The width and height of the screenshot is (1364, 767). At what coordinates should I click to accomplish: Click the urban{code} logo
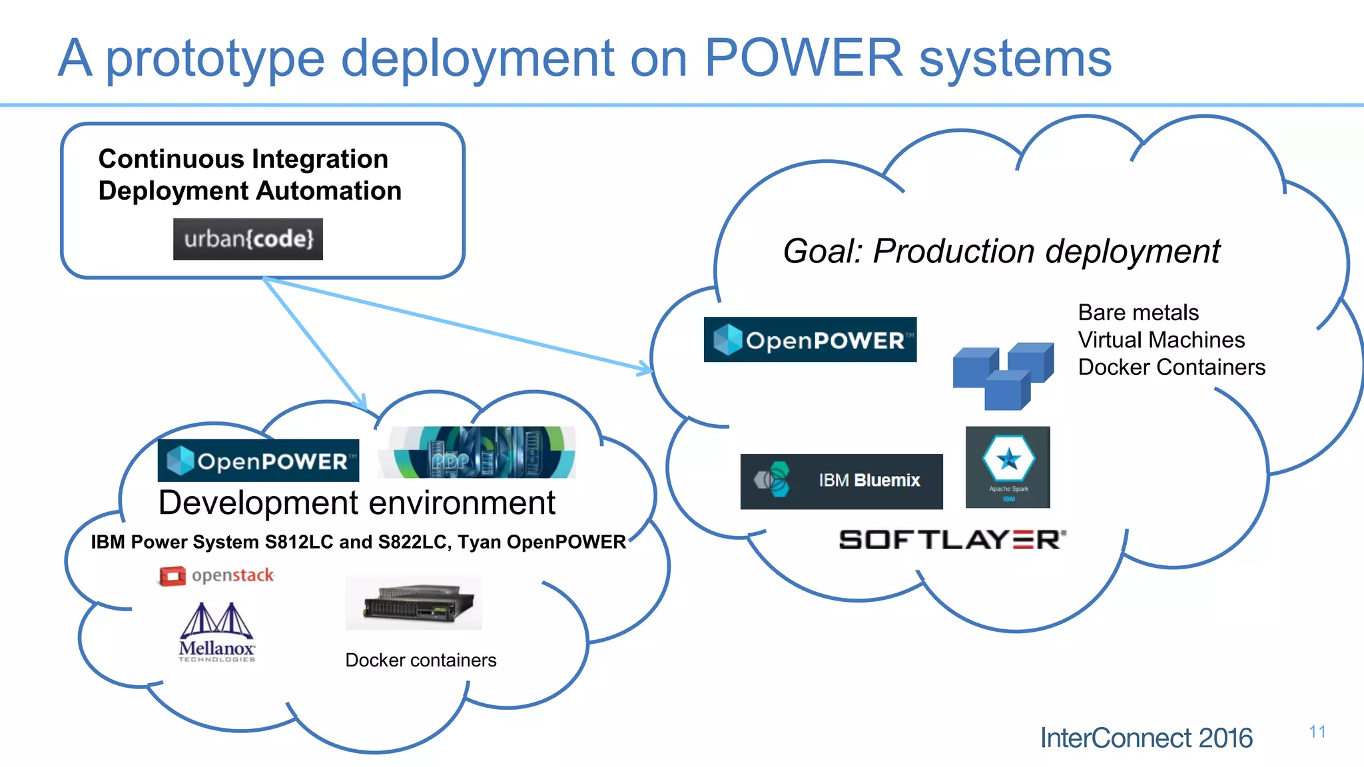click(248, 239)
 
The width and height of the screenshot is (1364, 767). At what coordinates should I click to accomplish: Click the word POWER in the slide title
click(803, 59)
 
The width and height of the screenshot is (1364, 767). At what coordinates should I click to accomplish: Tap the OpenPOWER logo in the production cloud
click(810, 340)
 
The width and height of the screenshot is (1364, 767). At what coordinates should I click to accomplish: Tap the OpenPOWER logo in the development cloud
click(258, 461)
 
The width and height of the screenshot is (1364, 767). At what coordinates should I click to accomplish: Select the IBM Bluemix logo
click(841, 481)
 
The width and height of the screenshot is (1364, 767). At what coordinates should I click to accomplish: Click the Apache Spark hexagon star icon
click(1008, 459)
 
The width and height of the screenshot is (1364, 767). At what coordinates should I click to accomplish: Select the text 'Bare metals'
click(1138, 312)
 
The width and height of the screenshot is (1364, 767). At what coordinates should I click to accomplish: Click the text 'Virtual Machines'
click(1161, 340)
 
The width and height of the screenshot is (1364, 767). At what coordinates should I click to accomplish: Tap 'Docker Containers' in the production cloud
click(1171, 367)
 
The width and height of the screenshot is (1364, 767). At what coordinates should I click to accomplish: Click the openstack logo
click(217, 575)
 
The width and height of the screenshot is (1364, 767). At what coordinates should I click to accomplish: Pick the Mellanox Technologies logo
click(217, 633)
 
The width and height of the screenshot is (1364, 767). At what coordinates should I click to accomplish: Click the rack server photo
click(414, 603)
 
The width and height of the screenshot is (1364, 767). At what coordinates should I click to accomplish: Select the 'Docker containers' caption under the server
click(420, 660)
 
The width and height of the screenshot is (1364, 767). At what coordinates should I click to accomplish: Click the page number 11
click(1317, 732)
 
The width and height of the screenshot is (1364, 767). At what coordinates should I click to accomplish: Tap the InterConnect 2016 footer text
click(1146, 738)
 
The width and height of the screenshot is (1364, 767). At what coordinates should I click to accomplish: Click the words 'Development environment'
click(356, 503)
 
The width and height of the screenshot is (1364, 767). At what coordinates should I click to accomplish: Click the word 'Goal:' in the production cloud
click(823, 252)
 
